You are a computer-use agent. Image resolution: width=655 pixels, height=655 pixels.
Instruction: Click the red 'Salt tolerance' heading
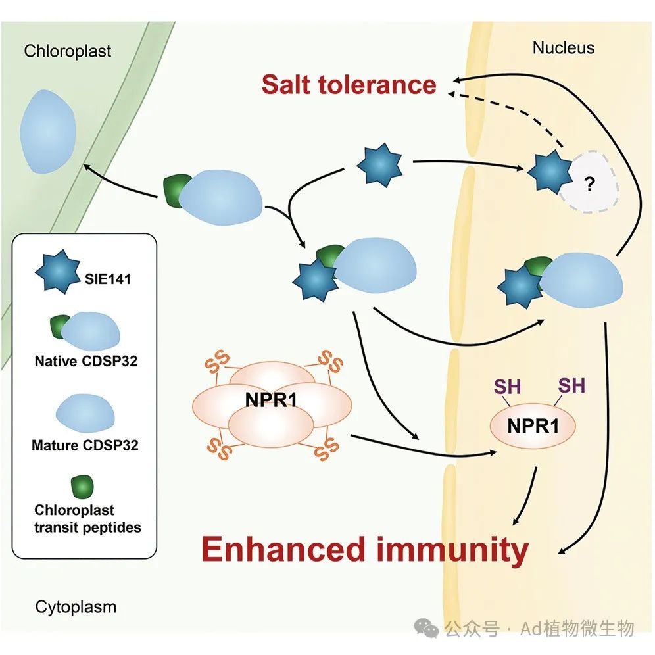pyautogui.click(x=349, y=85)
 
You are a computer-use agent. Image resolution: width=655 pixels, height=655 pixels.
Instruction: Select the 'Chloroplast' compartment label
pyautogui.click(x=68, y=51)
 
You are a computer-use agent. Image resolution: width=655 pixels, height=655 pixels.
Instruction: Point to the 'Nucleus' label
pyautogui.click(x=563, y=47)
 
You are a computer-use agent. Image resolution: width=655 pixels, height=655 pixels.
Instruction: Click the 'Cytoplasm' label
pyautogui.click(x=76, y=606)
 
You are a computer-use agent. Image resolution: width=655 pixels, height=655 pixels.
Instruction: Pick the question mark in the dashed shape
pyautogui.click(x=589, y=184)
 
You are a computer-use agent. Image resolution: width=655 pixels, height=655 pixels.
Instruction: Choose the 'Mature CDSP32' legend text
pyautogui.click(x=85, y=445)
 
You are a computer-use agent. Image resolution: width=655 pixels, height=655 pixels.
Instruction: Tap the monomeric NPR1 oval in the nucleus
pyautogui.click(x=533, y=427)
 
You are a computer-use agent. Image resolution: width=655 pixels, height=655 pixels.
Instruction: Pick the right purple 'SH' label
pyautogui.click(x=571, y=385)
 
